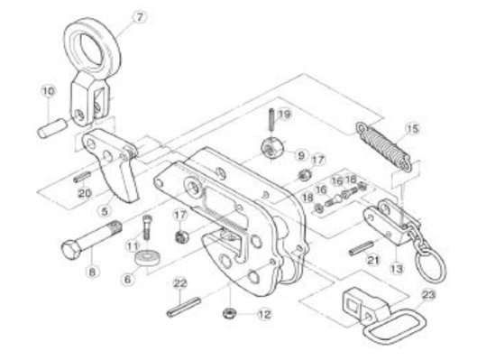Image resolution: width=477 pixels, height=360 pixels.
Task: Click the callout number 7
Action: [140, 17]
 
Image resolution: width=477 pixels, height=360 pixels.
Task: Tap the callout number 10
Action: [49, 91]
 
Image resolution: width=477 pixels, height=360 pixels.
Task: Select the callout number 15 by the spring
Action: [412, 129]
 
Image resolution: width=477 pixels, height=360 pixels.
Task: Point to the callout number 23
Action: [428, 294]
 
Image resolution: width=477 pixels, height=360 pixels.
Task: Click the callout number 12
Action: [264, 314]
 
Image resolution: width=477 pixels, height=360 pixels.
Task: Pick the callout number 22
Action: [179, 283]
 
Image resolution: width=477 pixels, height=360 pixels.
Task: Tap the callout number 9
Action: [300, 156]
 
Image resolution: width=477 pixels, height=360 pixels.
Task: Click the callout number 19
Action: [284, 115]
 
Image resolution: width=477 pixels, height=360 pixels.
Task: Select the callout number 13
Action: [397, 269]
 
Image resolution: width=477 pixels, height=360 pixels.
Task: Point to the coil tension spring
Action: [384, 146]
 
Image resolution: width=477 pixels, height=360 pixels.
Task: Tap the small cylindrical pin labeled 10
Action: [52, 128]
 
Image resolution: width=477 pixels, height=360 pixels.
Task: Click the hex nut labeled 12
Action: [227, 313]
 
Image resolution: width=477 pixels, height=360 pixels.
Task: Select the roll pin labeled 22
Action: [184, 307]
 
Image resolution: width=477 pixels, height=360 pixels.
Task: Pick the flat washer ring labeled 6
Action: [148, 258]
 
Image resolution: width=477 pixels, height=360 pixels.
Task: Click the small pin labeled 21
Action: [361, 248]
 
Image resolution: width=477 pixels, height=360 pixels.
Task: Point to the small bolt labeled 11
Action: [147, 227]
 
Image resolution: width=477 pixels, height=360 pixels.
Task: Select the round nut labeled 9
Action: [273, 148]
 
